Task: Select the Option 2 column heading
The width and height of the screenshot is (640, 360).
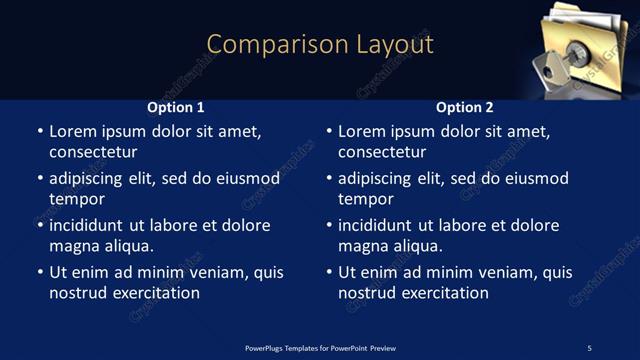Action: (x=465, y=107)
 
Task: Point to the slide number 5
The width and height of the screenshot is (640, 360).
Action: (x=589, y=347)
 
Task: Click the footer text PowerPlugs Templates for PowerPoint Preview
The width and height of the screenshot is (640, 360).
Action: (x=319, y=347)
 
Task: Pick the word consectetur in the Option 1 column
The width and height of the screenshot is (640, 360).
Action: (x=93, y=152)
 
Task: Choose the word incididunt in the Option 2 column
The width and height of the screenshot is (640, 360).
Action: (x=381, y=226)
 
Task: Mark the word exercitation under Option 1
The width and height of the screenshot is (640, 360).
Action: (x=156, y=293)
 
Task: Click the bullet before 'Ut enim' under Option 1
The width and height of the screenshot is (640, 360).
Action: (x=40, y=273)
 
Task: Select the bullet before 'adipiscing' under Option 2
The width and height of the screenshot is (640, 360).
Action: (x=329, y=179)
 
